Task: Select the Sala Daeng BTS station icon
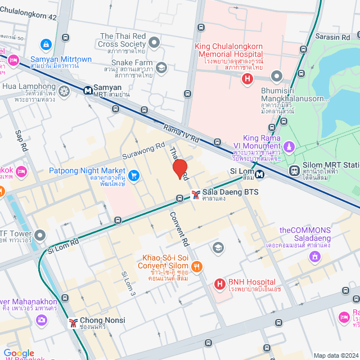click(x=195, y=195)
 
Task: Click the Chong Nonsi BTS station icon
click(x=72, y=323)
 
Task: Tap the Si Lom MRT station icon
click(x=259, y=174)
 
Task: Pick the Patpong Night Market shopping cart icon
click(x=133, y=175)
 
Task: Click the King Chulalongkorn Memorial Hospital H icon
click(x=246, y=79)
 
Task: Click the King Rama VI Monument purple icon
click(x=289, y=147)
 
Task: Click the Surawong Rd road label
click(x=144, y=150)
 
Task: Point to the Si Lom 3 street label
click(x=129, y=283)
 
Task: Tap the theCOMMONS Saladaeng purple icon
click(x=315, y=256)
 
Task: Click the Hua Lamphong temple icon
click(x=64, y=91)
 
